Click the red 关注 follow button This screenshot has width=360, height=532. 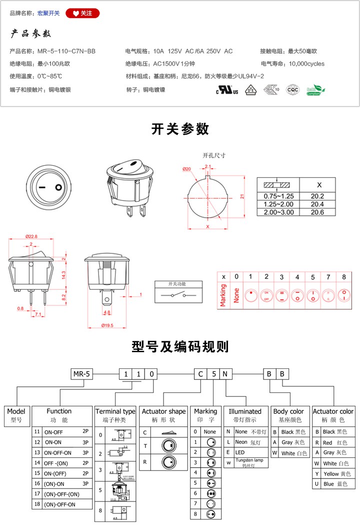(x=83, y=13)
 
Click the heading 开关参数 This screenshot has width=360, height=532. (x=180, y=129)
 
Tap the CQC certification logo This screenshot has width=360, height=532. (x=292, y=90)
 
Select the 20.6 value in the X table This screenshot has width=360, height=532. (x=317, y=212)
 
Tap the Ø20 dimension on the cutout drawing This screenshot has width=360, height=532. (x=186, y=169)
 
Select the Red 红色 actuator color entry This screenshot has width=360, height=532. (x=334, y=442)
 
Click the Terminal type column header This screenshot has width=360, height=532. (x=115, y=411)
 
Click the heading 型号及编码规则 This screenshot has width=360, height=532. (x=180, y=346)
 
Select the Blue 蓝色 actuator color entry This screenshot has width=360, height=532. (x=334, y=484)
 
